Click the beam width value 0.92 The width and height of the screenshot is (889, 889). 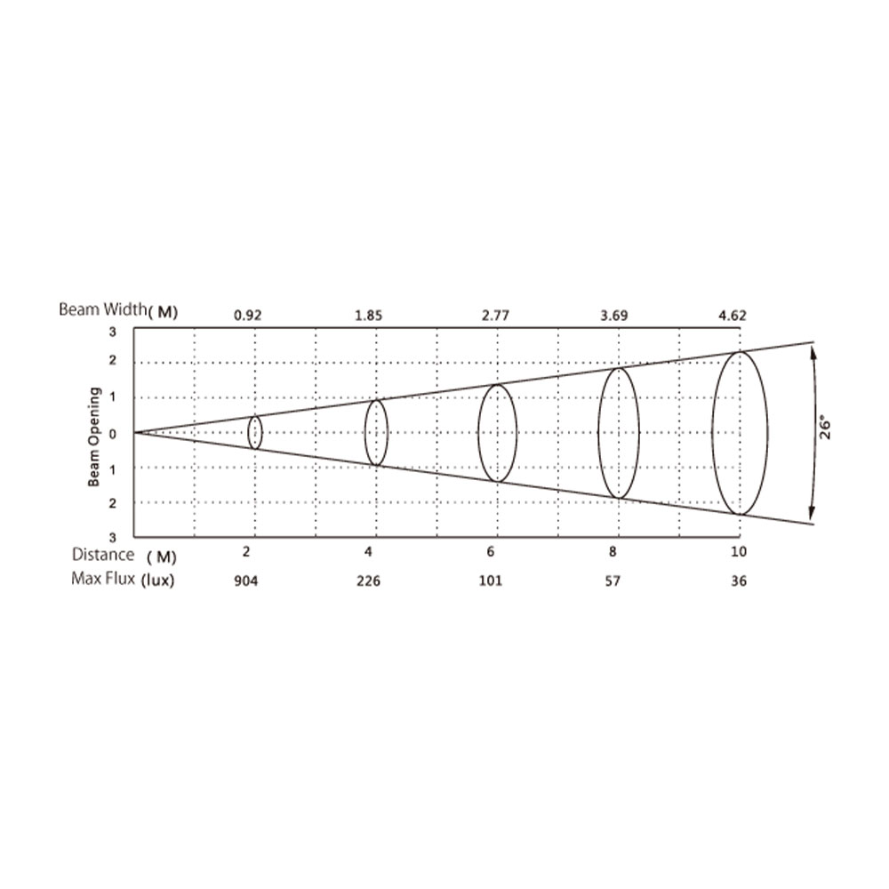pos(248,316)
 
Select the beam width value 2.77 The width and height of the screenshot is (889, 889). pos(495,316)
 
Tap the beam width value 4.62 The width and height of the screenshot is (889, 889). pos(733,316)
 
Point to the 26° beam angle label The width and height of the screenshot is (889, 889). pos(826,428)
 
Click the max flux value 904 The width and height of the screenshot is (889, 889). pos(246,581)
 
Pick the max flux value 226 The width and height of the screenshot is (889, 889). pos(369,581)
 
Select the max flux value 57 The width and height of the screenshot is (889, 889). pos(613,581)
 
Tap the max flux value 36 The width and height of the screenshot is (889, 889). pos(739,581)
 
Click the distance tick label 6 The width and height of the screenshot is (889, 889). pos(491,552)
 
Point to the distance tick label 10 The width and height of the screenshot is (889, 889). pos(739,552)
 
